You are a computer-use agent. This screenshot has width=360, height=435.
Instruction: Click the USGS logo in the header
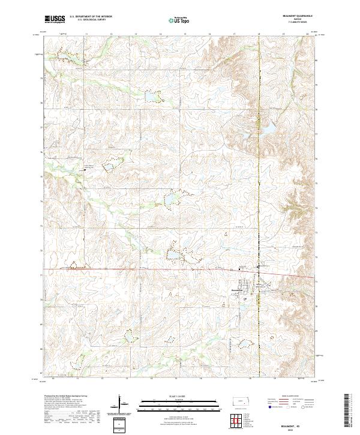(55, 19)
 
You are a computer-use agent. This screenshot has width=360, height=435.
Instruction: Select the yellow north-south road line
(259, 180)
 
